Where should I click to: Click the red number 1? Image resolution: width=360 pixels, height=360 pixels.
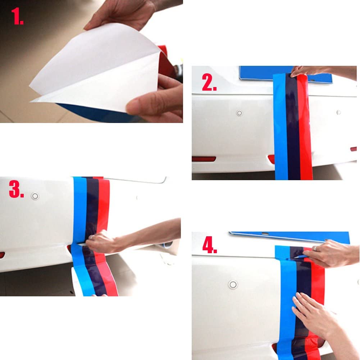click(x=17, y=16)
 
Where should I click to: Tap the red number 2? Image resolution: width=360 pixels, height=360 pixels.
click(x=209, y=82)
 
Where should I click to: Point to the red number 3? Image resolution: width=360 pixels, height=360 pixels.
click(x=16, y=189)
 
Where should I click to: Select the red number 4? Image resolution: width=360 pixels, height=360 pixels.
click(x=210, y=245)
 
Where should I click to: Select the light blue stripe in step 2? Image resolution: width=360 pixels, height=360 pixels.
click(x=281, y=126)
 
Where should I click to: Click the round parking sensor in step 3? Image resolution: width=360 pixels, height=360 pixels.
click(x=35, y=196)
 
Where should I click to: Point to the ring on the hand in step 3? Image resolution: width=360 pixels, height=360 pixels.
click(x=91, y=237)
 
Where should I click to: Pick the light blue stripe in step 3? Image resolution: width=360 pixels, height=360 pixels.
click(x=79, y=234)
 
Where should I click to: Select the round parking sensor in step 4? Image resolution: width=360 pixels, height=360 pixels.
click(x=233, y=285)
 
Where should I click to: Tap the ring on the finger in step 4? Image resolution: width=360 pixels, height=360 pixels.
click(x=315, y=249)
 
